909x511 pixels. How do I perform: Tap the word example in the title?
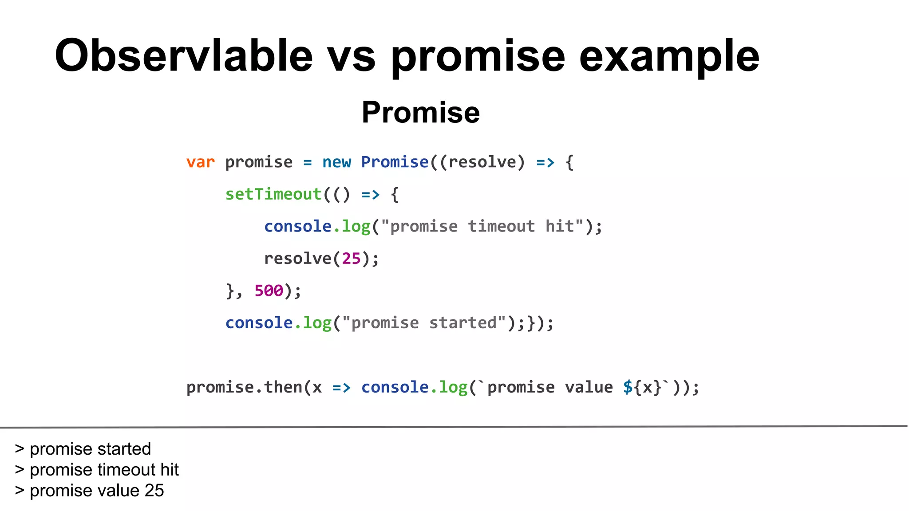point(669,57)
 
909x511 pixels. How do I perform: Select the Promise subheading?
point(420,112)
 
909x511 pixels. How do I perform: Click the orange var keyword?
point(200,162)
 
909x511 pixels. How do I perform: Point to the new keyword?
point(336,162)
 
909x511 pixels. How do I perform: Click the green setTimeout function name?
point(273,194)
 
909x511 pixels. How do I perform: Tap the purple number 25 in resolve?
point(351,259)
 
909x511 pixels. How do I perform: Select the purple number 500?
point(269,291)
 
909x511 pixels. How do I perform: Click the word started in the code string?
point(462,323)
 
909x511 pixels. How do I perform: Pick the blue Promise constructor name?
point(395,162)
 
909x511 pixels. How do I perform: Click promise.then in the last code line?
point(244,387)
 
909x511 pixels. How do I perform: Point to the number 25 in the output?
point(154,491)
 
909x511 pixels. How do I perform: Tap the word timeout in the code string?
point(501,227)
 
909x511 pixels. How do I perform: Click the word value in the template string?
point(589,387)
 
